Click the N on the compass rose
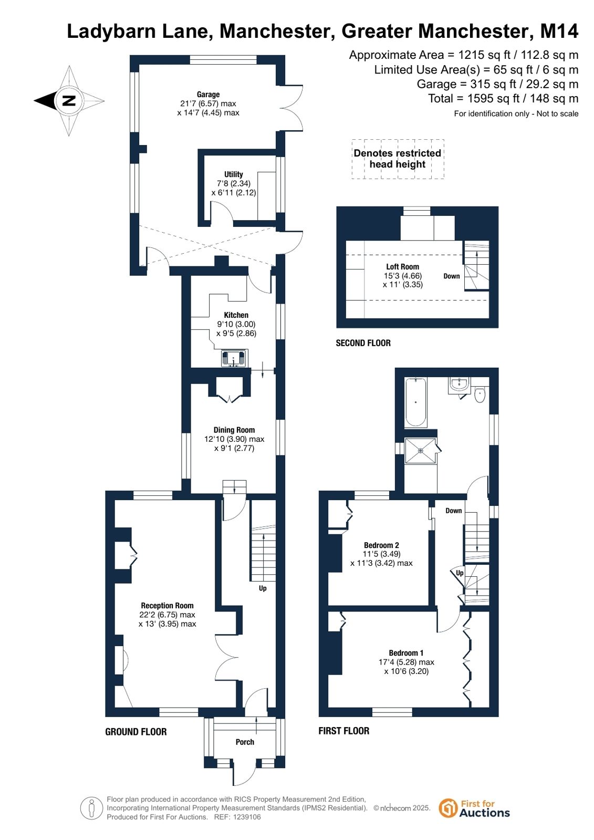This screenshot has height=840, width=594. tap(69, 100)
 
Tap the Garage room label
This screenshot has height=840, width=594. tap(208, 95)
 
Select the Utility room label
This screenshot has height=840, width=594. tap(234, 174)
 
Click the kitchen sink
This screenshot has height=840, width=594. tap(234, 358)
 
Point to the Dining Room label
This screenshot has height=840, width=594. tap(234, 430)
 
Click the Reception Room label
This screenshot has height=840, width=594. tap(167, 605)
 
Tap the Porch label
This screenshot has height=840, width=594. tap(245, 742)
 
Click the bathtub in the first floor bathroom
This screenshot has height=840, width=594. tap(415, 402)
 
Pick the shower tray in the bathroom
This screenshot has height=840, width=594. tap(421, 450)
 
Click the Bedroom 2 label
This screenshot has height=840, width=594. tap(381, 545)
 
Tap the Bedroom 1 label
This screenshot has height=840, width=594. tap(406, 653)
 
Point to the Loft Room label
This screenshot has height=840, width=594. tap(403, 267)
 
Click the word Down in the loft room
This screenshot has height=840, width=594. tap(452, 276)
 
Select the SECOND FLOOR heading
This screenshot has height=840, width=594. tap(363, 343)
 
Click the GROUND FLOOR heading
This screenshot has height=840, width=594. tap(136, 731)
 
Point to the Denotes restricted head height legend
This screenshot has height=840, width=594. tap(398, 159)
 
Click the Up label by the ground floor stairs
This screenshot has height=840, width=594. tap(263, 588)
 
